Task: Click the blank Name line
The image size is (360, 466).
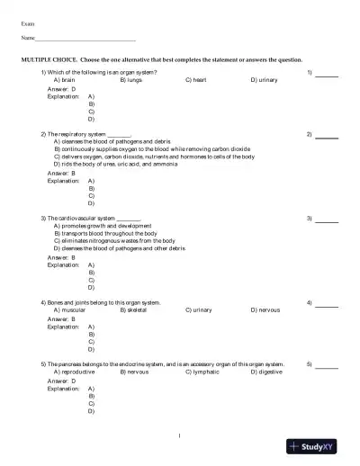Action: tap(85, 40)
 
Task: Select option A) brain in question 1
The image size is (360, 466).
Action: tap(65, 80)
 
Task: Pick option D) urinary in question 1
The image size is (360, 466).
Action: tap(264, 80)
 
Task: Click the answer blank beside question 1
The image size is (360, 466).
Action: tap(327, 75)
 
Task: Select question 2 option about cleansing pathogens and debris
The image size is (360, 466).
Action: tap(112, 142)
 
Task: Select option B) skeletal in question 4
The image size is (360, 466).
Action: tap(133, 309)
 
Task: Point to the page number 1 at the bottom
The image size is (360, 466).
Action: tap(180, 435)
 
